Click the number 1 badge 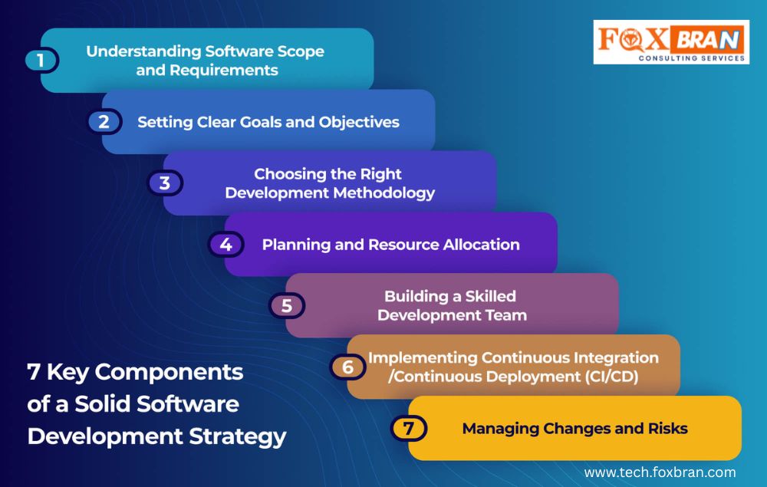tap(41, 61)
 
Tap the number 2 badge tap(104, 121)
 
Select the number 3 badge tap(165, 183)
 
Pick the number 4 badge tap(226, 244)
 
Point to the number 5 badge tap(287, 305)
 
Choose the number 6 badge tap(347, 367)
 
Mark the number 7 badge tap(409, 428)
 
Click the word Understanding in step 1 tap(143, 52)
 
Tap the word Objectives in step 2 tap(359, 122)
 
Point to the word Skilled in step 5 tap(490, 296)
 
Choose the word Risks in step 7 tap(668, 428)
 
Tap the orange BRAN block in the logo tap(707, 39)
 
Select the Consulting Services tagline tap(692, 58)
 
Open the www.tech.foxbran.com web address tap(660, 472)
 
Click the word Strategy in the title tap(237, 436)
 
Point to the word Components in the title tap(169, 373)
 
